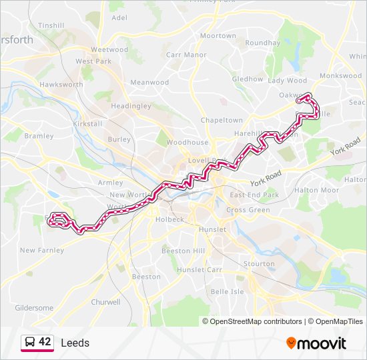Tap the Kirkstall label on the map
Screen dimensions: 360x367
(87, 124)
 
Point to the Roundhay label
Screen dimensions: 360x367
(262, 43)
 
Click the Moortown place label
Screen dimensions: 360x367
(218, 35)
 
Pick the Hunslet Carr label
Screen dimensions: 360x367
(200, 270)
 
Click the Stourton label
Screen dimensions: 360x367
(259, 263)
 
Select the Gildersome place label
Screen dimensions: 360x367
(34, 308)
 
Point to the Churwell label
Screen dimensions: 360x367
(105, 302)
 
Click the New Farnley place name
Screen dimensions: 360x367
(42, 251)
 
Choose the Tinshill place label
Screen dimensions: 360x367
(51, 25)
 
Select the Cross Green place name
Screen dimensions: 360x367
(248, 209)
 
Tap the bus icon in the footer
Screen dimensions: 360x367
(30, 343)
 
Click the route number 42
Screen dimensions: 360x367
(45, 342)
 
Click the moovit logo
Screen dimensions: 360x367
(316, 343)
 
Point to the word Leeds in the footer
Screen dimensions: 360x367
(75, 343)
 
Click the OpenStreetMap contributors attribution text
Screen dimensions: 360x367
(256, 321)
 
